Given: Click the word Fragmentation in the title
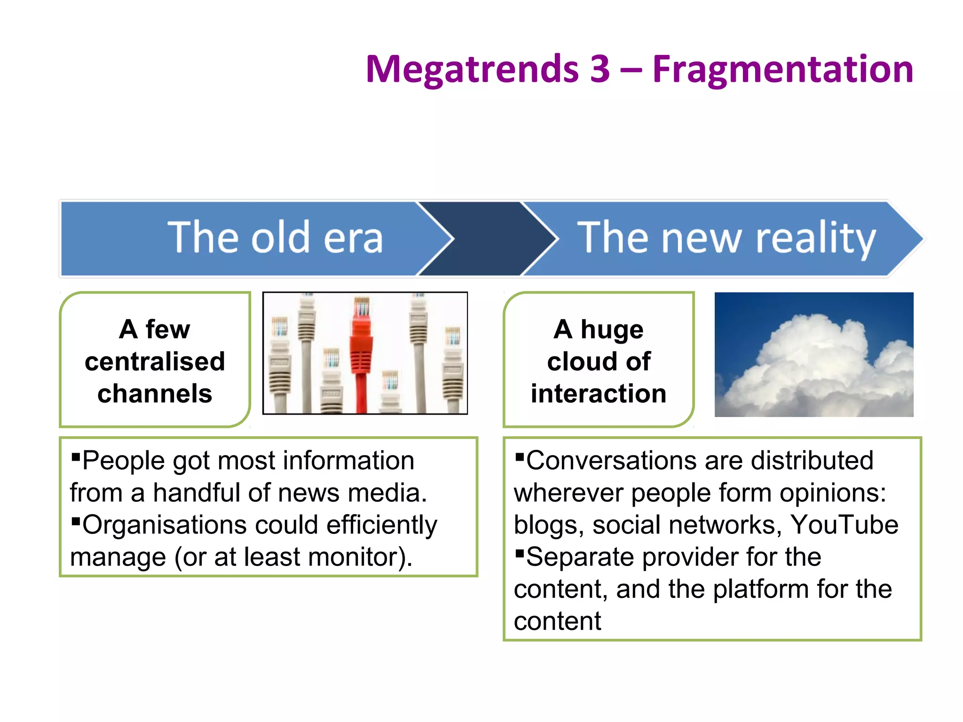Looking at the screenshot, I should point(782,70).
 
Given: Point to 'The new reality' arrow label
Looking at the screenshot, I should point(726,238).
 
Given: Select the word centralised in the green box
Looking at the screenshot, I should point(155,361).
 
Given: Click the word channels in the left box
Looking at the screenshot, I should point(155,393).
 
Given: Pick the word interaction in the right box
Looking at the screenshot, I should point(599,393).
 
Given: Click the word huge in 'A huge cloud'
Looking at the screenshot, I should point(612,330).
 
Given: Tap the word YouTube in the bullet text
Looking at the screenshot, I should point(844,525).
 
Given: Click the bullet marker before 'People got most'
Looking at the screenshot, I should point(76,456).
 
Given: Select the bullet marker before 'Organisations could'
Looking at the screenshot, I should point(76,520).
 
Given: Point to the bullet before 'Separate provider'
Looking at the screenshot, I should point(520,552).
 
